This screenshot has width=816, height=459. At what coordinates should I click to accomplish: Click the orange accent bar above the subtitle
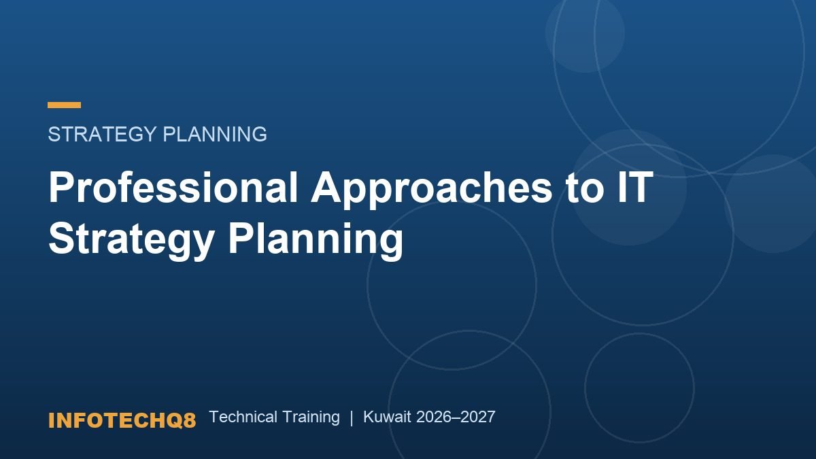(64, 105)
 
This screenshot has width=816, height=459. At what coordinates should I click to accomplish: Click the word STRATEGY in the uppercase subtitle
(103, 134)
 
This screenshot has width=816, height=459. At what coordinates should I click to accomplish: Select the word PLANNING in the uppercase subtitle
(215, 134)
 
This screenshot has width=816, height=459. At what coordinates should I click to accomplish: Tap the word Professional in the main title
(173, 186)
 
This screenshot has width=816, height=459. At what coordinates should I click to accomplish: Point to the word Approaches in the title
(431, 190)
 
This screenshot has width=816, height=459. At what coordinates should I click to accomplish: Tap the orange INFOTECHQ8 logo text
(122, 420)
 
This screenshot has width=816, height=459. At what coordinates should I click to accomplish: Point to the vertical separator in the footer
(352, 418)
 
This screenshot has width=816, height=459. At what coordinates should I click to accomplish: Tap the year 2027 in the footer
(477, 417)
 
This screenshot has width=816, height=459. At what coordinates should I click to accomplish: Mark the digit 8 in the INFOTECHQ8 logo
(190, 420)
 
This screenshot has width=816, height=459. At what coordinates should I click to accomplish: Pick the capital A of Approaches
(326, 186)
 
